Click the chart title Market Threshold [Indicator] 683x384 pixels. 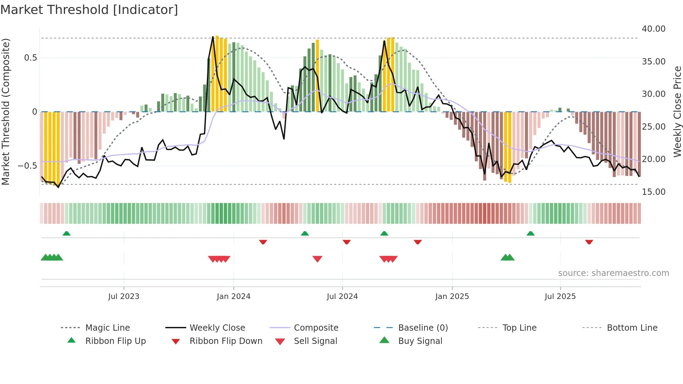point(89,10)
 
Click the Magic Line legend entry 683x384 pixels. point(107,328)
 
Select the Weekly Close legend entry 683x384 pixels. point(217,328)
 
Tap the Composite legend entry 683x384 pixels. point(316,328)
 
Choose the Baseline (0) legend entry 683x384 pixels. point(423,328)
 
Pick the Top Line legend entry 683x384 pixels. point(519,328)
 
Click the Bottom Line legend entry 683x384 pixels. point(632,328)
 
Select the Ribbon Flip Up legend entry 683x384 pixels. point(115,341)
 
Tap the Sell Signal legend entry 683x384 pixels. point(315,341)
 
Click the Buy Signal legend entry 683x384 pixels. point(420,341)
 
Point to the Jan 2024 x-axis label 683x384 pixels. point(233,297)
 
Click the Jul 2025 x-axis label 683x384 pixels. point(560,297)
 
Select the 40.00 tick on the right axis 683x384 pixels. point(653,29)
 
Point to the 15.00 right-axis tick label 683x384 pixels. point(653,192)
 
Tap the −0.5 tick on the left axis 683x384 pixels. point(27,166)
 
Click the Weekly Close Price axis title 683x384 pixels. point(677,112)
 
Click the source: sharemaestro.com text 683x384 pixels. point(613,273)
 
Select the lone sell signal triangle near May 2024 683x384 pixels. point(317,259)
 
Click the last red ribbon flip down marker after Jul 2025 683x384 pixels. point(589,242)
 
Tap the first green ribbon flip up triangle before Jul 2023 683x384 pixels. point(67,233)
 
